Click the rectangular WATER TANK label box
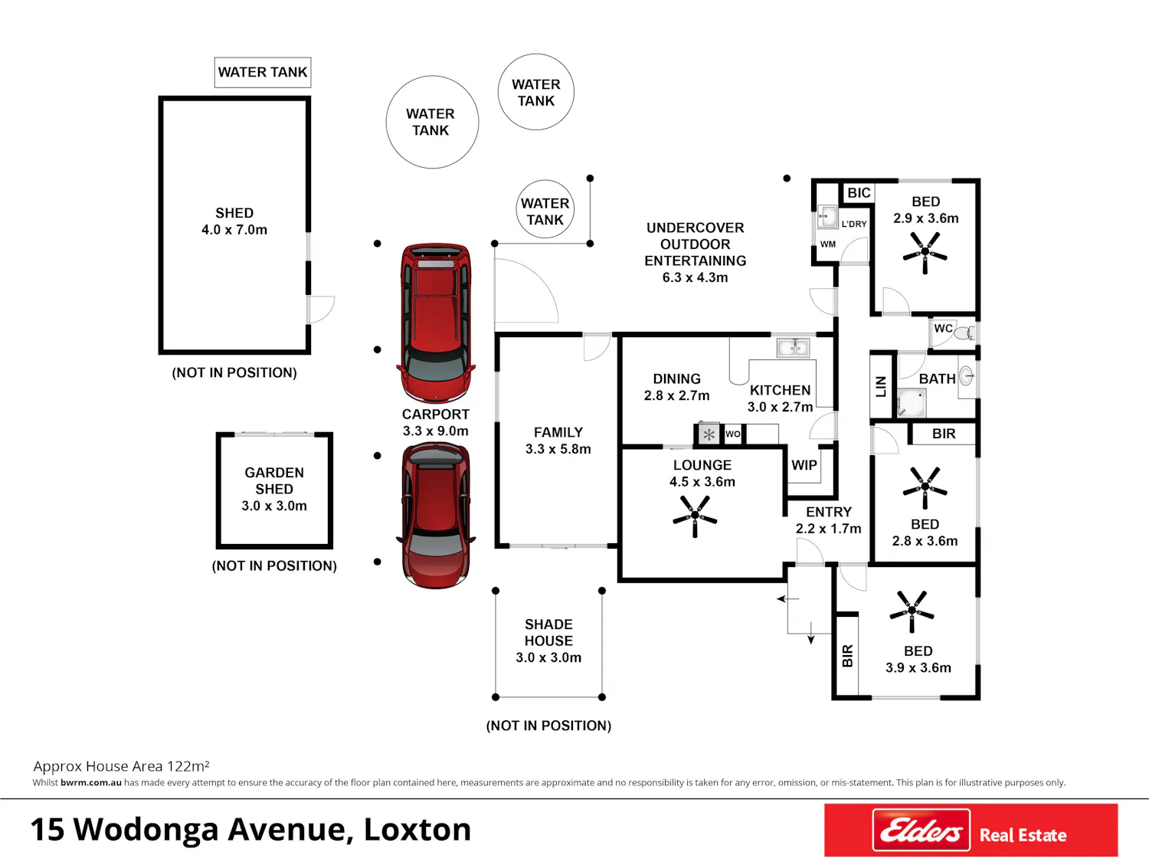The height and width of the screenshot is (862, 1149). coord(262,72)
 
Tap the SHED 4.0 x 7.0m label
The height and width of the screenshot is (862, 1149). coord(234,221)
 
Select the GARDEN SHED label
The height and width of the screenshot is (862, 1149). coord(273,480)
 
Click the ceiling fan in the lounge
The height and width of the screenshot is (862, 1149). coord(695,516)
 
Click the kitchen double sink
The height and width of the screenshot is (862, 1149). coord(793,348)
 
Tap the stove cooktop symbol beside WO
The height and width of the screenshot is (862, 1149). coord(709,434)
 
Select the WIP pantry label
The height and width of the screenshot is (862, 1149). coord(804,465)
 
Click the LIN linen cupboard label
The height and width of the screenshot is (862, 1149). coord(881,386)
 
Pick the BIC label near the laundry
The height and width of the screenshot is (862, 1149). coord(859,192)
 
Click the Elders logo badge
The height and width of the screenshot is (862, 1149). coord(921,830)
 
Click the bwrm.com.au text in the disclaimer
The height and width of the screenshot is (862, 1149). coord(91,782)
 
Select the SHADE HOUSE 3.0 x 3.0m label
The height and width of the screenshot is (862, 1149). coord(548,641)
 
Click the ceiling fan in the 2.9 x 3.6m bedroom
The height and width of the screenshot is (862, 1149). coord(925,252)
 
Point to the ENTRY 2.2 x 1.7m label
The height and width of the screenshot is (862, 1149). coord(828,519)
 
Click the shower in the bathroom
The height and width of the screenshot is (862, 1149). coord(912,402)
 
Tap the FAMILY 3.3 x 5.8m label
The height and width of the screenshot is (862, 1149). coord(558,440)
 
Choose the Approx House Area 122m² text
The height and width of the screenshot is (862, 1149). coord(122,765)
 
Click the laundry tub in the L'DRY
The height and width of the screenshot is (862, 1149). coord(827,216)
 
